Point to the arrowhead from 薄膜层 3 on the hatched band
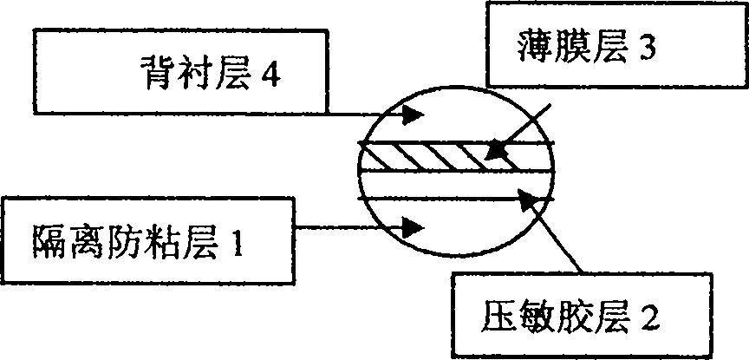(495, 151)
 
